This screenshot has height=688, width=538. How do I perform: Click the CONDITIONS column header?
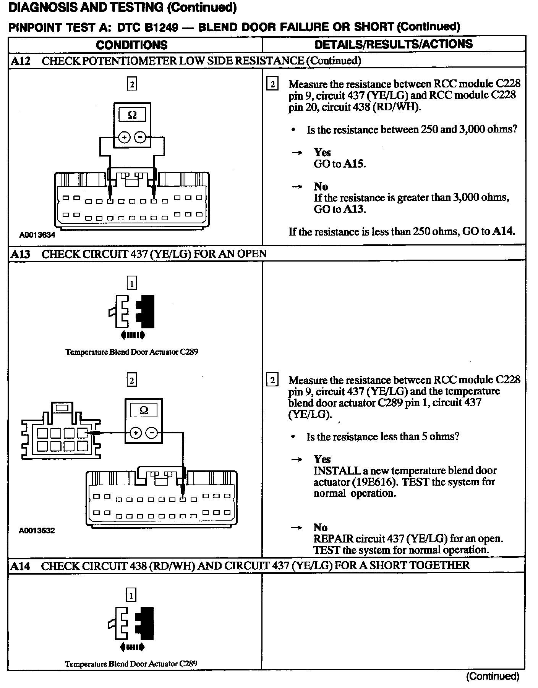click(x=132, y=45)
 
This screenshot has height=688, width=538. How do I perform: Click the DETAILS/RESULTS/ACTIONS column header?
click(x=394, y=44)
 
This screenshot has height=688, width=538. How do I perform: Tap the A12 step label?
click(x=20, y=61)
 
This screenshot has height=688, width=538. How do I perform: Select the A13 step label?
click(x=20, y=254)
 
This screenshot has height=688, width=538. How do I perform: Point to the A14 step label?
click(x=20, y=566)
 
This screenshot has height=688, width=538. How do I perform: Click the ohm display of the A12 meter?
click(x=132, y=115)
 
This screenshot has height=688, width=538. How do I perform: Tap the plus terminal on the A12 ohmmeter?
click(x=124, y=137)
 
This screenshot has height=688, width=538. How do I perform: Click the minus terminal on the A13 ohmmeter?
click(x=152, y=433)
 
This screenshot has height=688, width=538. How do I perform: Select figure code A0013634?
click(x=37, y=235)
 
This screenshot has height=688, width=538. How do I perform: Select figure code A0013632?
click(x=37, y=531)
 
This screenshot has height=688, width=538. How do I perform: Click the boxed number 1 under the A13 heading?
click(x=131, y=283)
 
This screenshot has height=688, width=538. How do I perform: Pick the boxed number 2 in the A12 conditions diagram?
click(x=132, y=84)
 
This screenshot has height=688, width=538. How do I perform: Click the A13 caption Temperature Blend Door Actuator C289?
click(x=132, y=352)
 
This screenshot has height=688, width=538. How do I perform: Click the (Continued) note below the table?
click(x=493, y=677)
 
